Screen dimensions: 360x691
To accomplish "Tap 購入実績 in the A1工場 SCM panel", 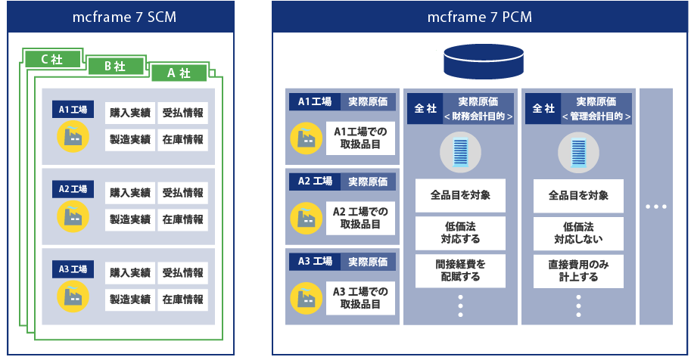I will pyautogui.click(x=130, y=113).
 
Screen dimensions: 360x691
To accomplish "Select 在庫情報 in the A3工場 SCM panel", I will pyautogui.click(x=182, y=299).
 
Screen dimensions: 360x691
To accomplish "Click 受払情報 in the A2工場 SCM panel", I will pyautogui.click(x=182, y=193).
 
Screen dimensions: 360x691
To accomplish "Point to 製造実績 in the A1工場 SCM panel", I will pyautogui.click(x=130, y=139).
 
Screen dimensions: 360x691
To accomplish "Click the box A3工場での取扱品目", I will pyautogui.click(x=360, y=297).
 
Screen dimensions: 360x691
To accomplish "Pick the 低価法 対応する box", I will pyautogui.click(x=460, y=233).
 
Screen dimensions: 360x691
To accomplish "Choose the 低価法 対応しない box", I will pyautogui.click(x=578, y=233).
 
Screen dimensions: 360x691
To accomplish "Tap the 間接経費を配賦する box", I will pyautogui.click(x=460, y=270).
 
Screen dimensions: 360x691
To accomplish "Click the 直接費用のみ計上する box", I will pyautogui.click(x=578, y=270).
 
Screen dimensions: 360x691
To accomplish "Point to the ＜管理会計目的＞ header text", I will pyautogui.click(x=597, y=116).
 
